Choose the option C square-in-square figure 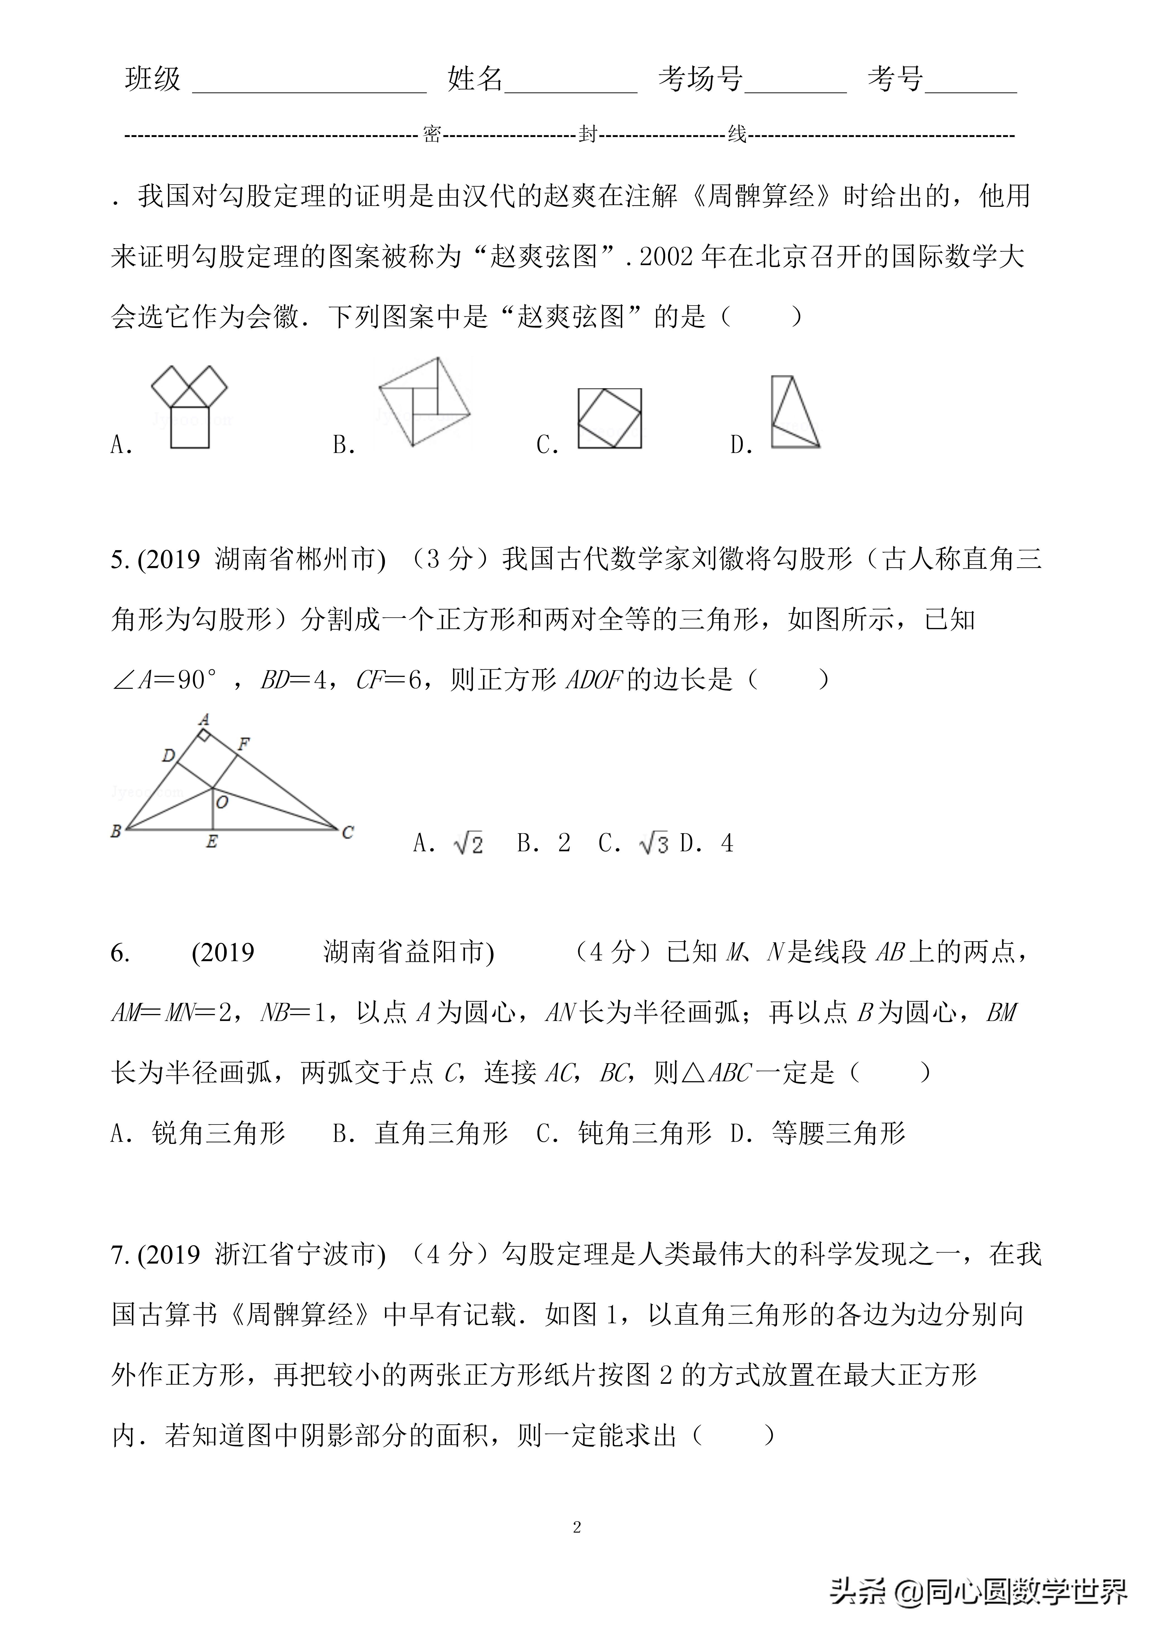(609, 418)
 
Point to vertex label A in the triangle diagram (204, 719)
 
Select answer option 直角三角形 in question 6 (441, 1133)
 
